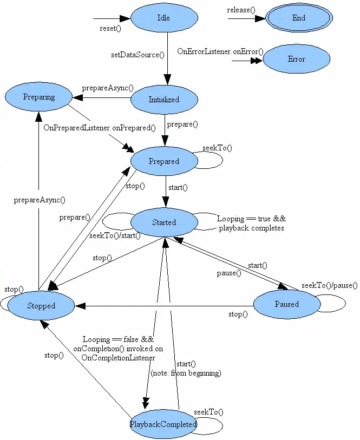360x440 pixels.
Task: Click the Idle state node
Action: (163, 18)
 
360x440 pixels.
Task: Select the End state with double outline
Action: (299, 18)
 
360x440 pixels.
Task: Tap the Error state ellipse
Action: (296, 59)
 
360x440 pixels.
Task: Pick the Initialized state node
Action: (163, 100)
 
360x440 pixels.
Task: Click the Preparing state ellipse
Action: (39, 97)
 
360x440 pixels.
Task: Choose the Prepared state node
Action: (163, 161)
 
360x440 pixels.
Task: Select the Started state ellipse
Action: (163, 222)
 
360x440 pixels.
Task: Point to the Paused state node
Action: (286, 304)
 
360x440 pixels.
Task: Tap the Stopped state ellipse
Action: (41, 306)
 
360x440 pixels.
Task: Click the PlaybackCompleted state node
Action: (163, 424)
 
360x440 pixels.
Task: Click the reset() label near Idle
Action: (110, 29)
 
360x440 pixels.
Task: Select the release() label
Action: (241, 10)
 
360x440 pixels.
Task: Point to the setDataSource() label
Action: (138, 55)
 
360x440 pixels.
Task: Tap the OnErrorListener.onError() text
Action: (220, 51)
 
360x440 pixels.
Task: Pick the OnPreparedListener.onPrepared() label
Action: (100, 128)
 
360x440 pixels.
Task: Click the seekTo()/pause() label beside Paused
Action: (330, 285)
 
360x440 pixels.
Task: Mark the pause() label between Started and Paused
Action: (229, 273)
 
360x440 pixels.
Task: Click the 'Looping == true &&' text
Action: (251, 219)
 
